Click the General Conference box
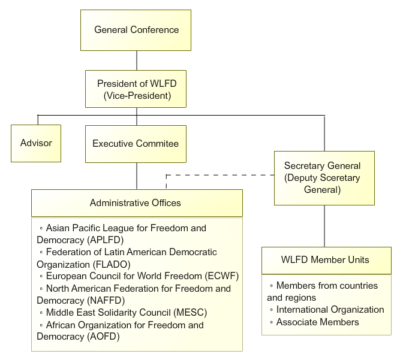coord(136,30)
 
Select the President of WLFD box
coord(137,89)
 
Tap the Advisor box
coord(36,143)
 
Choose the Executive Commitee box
coord(136,144)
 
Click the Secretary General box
coord(324,177)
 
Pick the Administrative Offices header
coord(136,203)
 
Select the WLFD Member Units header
coord(326,260)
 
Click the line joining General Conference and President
coord(137,60)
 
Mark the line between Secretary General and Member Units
coord(324,226)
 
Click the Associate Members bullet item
coord(317,322)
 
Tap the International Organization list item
coord(330,310)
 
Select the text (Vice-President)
coord(137,95)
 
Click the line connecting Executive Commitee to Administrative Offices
coord(137,176)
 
